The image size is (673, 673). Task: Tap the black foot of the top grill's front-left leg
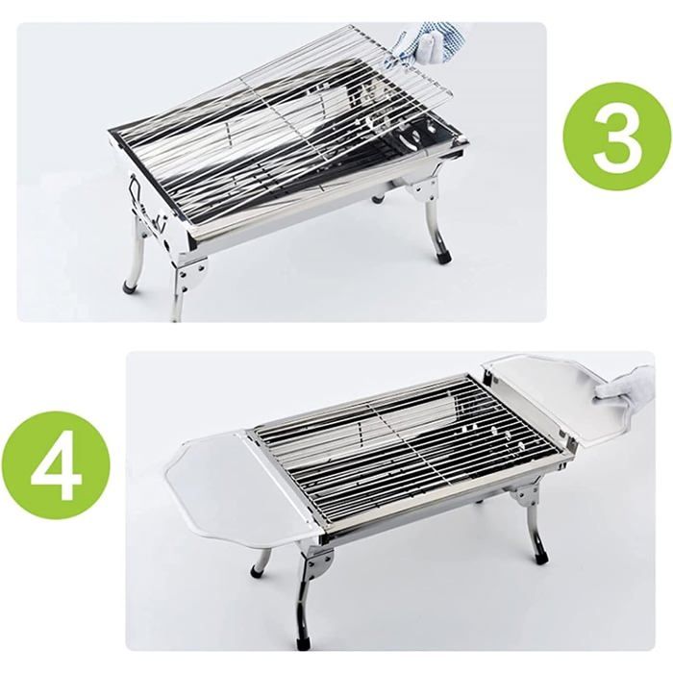tap(130, 287)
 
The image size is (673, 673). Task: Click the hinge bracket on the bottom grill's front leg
tap(320, 563)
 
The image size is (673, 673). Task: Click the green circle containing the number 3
tap(617, 137)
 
